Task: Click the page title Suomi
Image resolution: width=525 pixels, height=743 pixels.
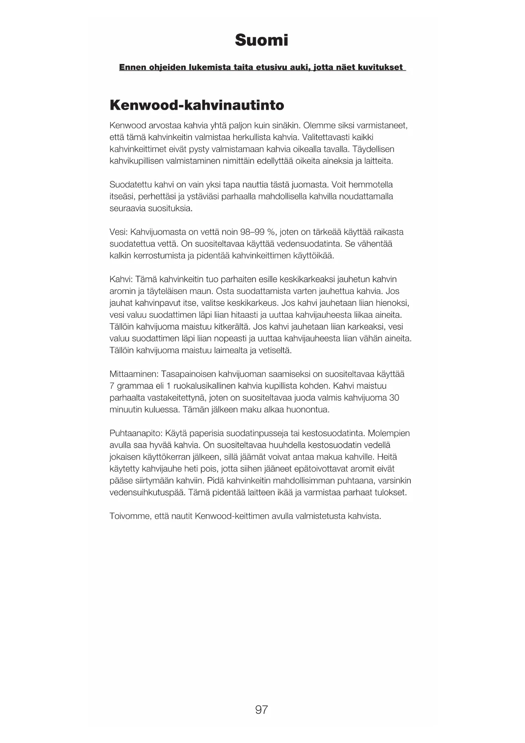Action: [261, 40]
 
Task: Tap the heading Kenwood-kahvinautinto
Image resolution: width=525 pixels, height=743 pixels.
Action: [197, 105]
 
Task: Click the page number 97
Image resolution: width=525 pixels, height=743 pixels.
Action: [261, 710]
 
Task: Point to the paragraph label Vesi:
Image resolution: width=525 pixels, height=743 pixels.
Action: [118, 232]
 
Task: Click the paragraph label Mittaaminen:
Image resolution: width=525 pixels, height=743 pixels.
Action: [134, 374]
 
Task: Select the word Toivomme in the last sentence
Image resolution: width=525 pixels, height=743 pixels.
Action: [129, 516]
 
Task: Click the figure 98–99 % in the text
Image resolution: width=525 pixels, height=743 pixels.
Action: [258, 232]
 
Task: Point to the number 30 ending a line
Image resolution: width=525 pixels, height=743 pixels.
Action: [394, 398]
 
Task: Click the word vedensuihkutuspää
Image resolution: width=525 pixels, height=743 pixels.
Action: [147, 493]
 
